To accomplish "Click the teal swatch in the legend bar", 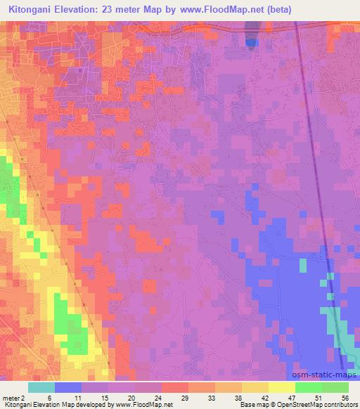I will [x=41, y=387].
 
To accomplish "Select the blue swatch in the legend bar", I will [x=68, y=387].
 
